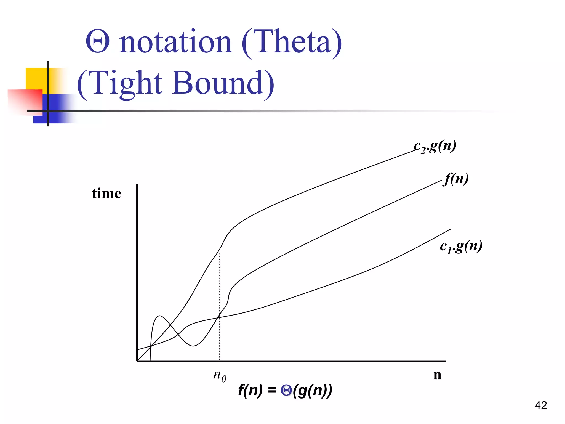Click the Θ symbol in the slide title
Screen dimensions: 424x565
click(x=98, y=42)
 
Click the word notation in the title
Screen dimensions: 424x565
click(x=175, y=42)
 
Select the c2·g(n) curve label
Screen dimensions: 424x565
click(x=435, y=146)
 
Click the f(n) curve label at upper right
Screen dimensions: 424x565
click(x=456, y=179)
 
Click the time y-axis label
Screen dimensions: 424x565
click(x=106, y=193)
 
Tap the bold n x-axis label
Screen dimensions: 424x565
click(x=437, y=375)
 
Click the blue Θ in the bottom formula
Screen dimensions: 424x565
click(x=286, y=390)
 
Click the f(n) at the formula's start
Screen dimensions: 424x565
click(x=250, y=391)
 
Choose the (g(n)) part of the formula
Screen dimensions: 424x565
click(x=313, y=391)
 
